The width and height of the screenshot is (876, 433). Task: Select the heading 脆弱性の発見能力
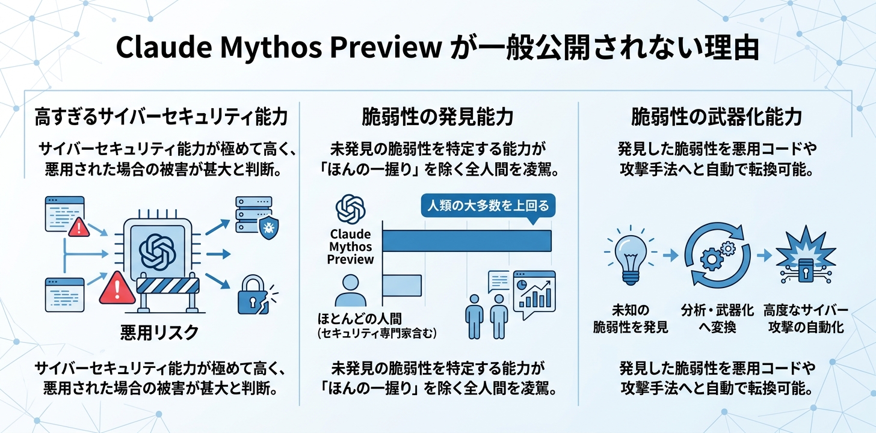click(x=437, y=117)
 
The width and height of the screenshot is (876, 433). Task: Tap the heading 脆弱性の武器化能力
click(x=716, y=117)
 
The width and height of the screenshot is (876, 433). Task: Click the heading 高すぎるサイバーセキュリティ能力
click(x=161, y=117)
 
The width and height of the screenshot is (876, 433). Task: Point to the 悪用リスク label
click(x=159, y=333)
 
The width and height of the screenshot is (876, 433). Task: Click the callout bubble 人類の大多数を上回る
click(x=488, y=207)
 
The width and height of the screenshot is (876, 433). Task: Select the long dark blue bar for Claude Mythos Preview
click(x=467, y=241)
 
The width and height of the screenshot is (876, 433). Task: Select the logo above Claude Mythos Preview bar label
click(x=351, y=210)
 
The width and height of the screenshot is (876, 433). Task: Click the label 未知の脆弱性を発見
click(x=630, y=319)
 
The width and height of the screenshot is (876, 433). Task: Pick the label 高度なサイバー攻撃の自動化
click(x=805, y=319)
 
